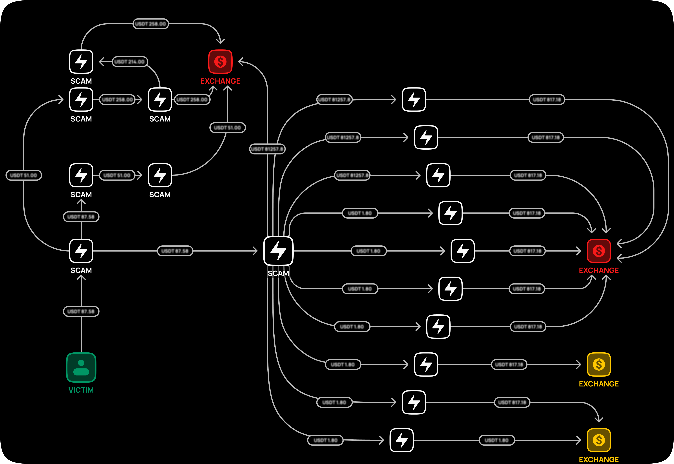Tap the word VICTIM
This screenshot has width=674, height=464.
[x=81, y=390]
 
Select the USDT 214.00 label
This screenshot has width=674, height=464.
[x=130, y=62]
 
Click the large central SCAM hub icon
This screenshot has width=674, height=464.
[x=278, y=251]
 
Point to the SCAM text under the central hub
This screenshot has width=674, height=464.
[x=278, y=273]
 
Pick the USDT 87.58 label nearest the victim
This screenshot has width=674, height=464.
[x=81, y=311]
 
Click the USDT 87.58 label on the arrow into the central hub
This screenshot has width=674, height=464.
[x=175, y=251]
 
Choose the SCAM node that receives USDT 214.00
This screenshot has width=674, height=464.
[x=81, y=62]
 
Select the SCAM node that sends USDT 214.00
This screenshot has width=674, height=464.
[x=160, y=99]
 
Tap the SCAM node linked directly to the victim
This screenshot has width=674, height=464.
[x=81, y=251]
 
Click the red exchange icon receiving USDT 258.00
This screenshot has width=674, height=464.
[x=220, y=62]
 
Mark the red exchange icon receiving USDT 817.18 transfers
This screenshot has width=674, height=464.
[x=599, y=251]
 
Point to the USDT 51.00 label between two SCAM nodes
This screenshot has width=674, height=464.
[x=117, y=175]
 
